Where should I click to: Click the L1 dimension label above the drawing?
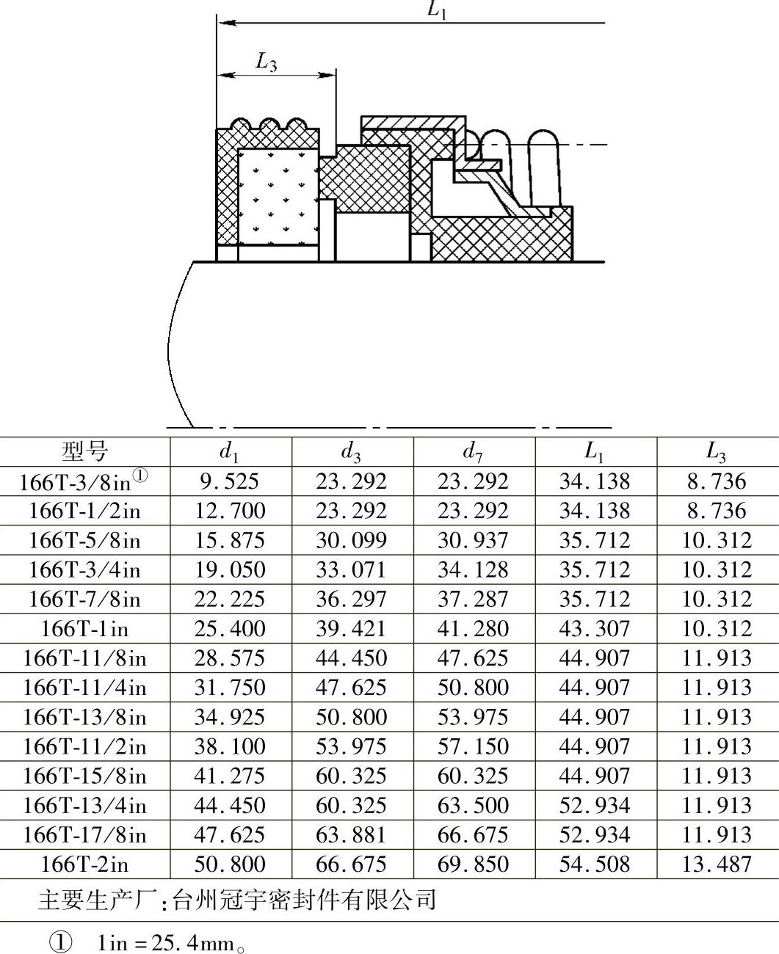point(438,10)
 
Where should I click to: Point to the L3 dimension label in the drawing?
point(267,62)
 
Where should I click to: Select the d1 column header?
point(230,452)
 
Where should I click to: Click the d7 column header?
point(473,452)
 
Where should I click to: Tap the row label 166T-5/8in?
point(84,541)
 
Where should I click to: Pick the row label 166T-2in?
point(84,864)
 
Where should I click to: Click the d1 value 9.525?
point(230,482)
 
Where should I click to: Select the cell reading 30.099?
point(351,541)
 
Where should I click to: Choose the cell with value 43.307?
point(595,629)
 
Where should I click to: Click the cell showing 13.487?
point(717,864)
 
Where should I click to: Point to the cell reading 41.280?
point(473,629)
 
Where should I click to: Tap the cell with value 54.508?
point(595,864)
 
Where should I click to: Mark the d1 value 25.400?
point(230,629)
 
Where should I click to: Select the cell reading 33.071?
point(351,570)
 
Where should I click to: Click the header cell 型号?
point(84,451)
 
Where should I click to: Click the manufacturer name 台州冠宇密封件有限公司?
point(304,900)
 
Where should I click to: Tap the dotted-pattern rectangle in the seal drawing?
point(278,197)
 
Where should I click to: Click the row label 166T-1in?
point(84,629)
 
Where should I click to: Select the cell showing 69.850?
point(473,864)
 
